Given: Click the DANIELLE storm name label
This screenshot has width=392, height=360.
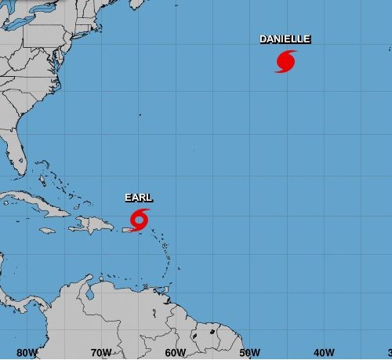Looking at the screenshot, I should coord(285,38).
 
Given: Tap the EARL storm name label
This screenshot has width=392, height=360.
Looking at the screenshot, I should coord(139,198).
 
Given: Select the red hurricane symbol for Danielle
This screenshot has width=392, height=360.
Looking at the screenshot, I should coord(286,61).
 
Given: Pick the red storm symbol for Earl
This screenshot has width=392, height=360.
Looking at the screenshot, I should coord(140,219).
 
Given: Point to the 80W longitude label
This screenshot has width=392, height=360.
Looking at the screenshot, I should coord(27,352).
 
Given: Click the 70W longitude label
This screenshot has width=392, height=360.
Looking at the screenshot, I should coord(101,352).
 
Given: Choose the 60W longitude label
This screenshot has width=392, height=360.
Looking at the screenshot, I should coord(176,352).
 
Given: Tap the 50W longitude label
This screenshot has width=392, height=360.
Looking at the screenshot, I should coord(250,352).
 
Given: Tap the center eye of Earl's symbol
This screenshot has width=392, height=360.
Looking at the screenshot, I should coord(141,219).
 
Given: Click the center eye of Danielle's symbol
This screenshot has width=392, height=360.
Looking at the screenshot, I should coord(286,60).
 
